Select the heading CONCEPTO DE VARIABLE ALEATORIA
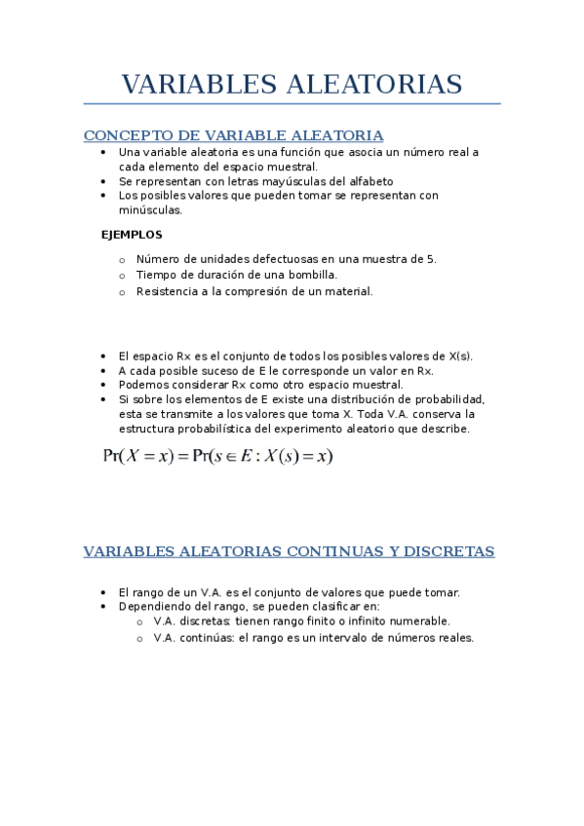pos(234,135)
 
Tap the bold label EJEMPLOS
pos(132,235)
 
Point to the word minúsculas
pos(150,209)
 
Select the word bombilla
pos(312,275)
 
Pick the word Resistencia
pos(167,291)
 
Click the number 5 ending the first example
pos(432,259)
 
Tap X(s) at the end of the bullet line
pos(459,357)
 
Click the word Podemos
pos(143,385)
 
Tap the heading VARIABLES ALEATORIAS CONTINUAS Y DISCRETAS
pos(290,552)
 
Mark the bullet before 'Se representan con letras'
pos(104,181)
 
